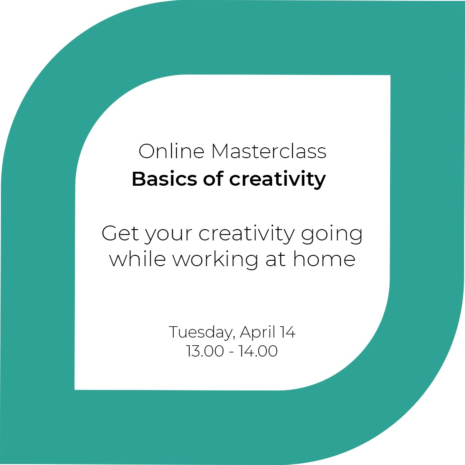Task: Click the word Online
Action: coord(172,151)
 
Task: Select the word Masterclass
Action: coord(269,151)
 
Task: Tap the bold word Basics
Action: coord(164,179)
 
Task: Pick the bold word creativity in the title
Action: coord(278,179)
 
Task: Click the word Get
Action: coord(120,233)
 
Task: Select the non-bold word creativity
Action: coord(246,234)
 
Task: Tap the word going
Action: coord(332,234)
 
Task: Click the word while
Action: coord(137,258)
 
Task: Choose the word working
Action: coord(215,260)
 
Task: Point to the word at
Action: coord(275,260)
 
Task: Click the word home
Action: coord(324,258)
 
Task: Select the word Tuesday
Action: coord(200,333)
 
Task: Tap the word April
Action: coord(257,333)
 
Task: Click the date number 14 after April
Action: coord(288,332)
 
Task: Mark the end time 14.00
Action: coord(259,351)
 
